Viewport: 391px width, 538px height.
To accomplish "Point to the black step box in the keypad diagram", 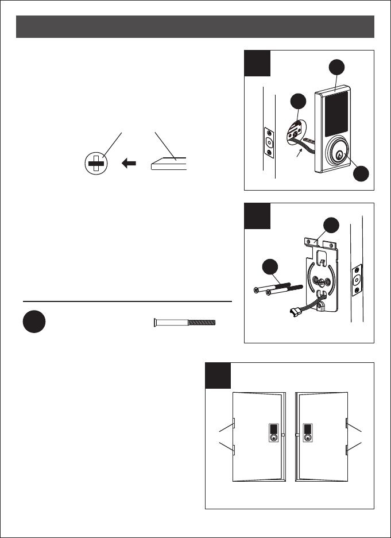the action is point(257,63).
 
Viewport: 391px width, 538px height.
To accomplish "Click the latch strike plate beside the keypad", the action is point(268,141).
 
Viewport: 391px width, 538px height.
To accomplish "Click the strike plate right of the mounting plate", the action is point(357,280).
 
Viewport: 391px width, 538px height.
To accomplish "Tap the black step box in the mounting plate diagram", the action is point(257,215).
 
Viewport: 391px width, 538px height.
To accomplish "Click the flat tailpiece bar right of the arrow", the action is point(169,165).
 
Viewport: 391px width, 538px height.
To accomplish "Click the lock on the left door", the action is point(274,432).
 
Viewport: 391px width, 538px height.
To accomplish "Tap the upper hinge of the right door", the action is point(347,424).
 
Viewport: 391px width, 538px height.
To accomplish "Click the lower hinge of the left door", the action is point(235,450).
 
